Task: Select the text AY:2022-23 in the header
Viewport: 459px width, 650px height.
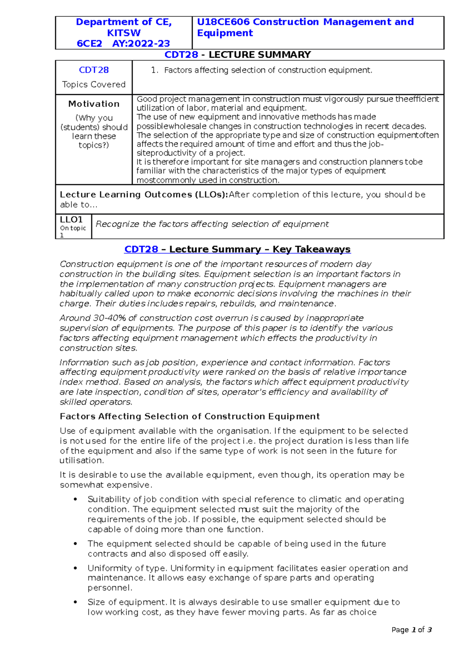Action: [141, 44]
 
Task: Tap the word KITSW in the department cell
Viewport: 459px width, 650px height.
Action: [124, 33]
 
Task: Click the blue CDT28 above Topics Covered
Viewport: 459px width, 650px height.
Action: [94, 70]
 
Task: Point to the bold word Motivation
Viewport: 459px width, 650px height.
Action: [94, 104]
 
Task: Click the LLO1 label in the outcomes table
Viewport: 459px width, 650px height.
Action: [71, 220]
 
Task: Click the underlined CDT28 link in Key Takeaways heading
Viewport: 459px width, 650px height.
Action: [141, 249]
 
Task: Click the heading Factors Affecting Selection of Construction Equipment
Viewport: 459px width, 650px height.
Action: [190, 416]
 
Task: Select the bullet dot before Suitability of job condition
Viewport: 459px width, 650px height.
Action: [76, 499]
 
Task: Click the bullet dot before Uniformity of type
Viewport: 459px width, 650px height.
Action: [76, 568]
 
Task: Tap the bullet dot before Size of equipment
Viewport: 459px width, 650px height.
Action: [76, 602]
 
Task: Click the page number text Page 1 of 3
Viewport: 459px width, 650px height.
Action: [412, 630]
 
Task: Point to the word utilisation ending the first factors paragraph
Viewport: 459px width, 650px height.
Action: [81, 461]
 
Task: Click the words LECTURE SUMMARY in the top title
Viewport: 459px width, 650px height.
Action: [259, 55]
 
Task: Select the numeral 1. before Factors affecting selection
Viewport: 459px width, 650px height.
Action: [154, 70]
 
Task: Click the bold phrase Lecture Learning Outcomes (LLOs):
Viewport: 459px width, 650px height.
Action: [144, 194]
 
